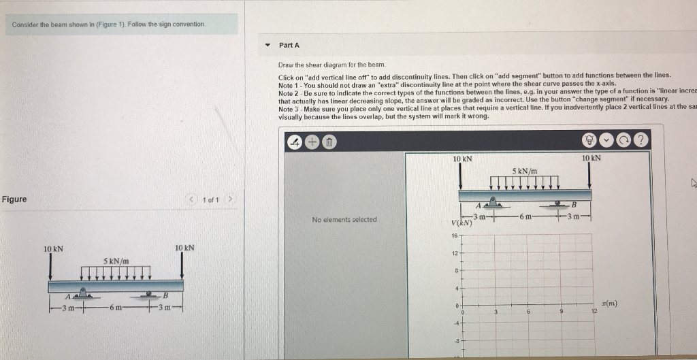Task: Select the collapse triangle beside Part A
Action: point(267,46)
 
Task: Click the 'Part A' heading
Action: point(289,45)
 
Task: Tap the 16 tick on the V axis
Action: point(455,235)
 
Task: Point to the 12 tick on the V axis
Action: point(455,253)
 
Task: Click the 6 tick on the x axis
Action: point(528,312)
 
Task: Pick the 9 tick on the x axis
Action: point(561,312)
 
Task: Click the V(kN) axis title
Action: point(462,223)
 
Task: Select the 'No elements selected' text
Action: point(344,219)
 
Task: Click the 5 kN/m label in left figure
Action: point(116,261)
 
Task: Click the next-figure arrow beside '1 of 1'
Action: point(231,199)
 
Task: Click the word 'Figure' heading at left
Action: point(14,199)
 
